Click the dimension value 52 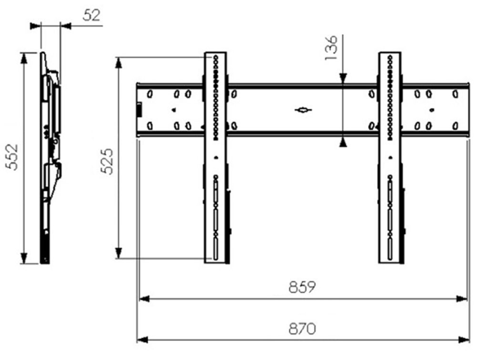point(92,15)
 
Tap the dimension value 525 point(107,161)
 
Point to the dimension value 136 point(331,48)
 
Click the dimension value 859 point(302,287)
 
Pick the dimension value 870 point(302,328)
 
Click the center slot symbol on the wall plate point(303,110)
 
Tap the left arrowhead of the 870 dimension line point(142,340)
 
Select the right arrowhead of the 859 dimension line point(462,299)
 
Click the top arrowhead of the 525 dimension point(119,62)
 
